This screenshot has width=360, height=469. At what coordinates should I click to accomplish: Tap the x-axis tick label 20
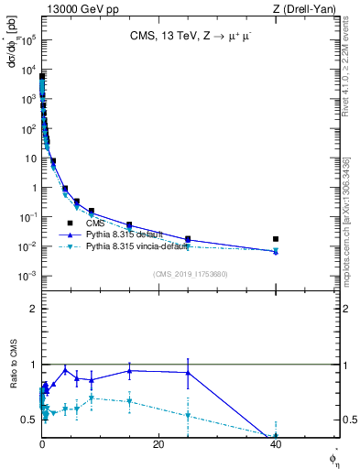point(158,445)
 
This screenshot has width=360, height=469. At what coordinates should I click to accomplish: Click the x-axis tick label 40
point(276,445)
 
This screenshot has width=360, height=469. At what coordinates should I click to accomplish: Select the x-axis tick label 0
point(42,445)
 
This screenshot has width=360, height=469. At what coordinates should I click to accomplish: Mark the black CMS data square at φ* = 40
point(276,239)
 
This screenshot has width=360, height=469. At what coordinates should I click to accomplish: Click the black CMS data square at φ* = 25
point(188,239)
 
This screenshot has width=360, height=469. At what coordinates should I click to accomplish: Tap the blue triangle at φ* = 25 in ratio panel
point(188,373)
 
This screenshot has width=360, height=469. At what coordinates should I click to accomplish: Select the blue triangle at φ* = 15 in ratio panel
point(129,371)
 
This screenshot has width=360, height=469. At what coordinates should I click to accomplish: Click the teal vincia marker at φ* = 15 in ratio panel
point(129,401)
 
